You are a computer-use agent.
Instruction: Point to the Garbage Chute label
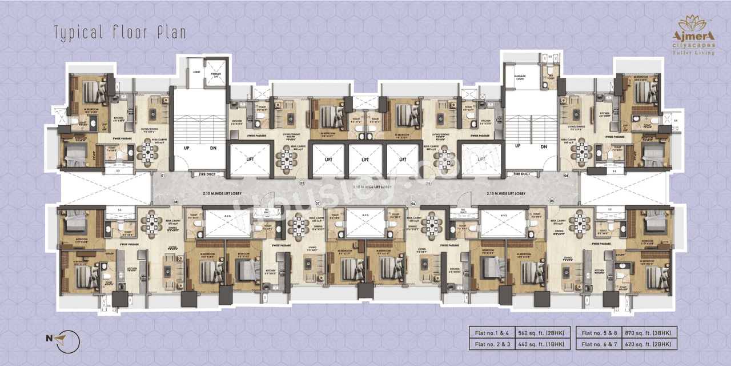tap(520, 78)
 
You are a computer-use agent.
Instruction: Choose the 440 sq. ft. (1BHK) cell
tap(542, 344)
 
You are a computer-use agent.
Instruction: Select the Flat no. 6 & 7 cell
tap(597, 344)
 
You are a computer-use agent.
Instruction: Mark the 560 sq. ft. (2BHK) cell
tap(542, 333)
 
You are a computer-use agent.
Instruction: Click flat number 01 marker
tap(163, 176)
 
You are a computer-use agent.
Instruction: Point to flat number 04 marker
tap(566, 176)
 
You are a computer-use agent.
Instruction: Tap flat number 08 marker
tap(176, 201)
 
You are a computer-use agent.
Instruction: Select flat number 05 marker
tap(552, 201)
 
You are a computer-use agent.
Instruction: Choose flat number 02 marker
tap(302, 183)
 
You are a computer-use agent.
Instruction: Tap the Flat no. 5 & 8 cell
tap(597, 333)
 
